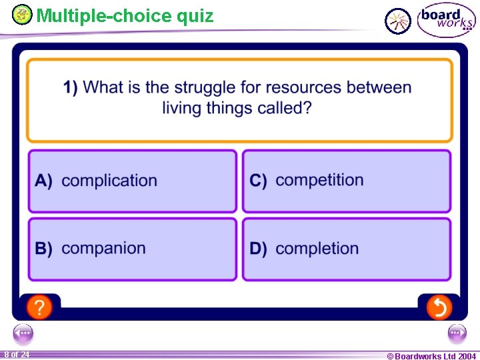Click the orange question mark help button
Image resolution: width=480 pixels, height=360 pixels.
(40, 307)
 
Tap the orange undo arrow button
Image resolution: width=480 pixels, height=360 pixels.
(439, 307)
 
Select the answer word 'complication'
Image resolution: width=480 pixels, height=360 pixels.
(109, 181)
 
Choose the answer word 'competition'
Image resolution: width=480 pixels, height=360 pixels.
(319, 180)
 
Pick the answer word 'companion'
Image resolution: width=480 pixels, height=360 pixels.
(103, 249)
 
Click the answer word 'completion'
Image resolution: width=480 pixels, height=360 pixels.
(317, 249)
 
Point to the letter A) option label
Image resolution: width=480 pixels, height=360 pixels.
(44, 181)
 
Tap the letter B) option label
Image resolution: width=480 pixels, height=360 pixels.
(44, 249)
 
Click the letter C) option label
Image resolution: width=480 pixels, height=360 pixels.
(259, 181)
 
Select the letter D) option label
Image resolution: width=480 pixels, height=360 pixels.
(259, 249)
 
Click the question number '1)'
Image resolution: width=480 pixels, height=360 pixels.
(71, 87)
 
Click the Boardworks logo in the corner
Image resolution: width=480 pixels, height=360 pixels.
(446, 21)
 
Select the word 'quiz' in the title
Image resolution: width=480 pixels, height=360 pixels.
(195, 15)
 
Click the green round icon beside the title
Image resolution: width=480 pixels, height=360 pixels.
(23, 14)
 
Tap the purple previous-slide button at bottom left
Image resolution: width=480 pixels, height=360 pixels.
(23, 333)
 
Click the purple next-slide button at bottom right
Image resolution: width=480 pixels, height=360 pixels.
(457, 333)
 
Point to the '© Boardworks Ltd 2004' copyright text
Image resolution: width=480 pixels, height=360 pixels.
(431, 356)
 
